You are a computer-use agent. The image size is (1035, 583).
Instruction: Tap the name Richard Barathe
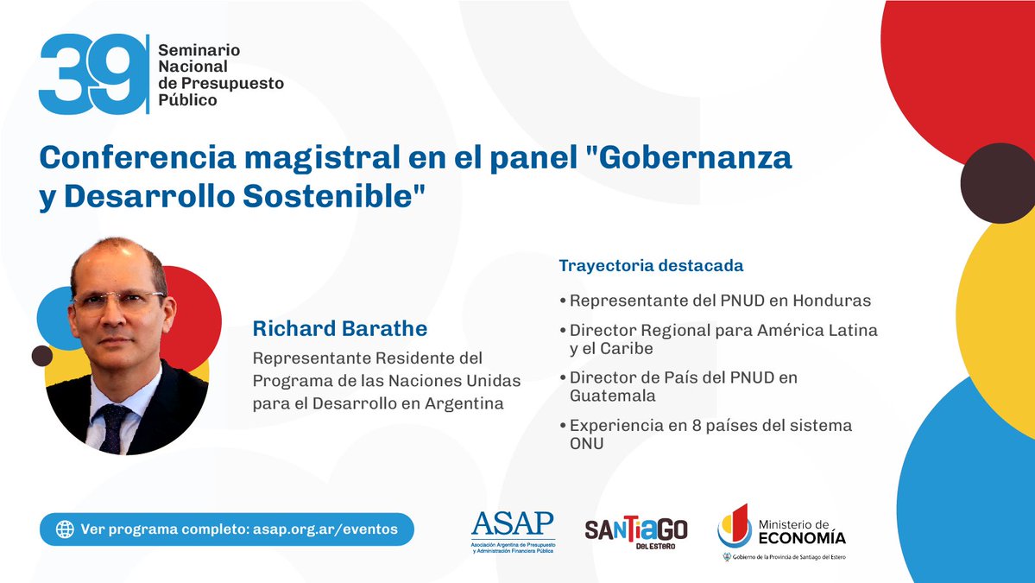[x=339, y=329]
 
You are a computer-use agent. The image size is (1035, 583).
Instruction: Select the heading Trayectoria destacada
[x=651, y=265]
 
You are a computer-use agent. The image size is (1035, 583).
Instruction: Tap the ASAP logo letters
[x=513, y=523]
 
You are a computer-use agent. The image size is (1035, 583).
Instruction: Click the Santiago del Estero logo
[x=636, y=531]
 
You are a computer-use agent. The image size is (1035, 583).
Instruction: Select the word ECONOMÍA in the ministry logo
[x=802, y=538]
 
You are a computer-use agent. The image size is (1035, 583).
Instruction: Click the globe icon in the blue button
[x=64, y=529]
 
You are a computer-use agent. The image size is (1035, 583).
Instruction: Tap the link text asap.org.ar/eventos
[x=327, y=529]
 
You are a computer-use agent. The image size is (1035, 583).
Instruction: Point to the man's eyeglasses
[x=118, y=301]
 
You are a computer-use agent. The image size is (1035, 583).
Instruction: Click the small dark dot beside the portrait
[x=41, y=355]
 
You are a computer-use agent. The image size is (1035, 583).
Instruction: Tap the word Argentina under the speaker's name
[x=462, y=403]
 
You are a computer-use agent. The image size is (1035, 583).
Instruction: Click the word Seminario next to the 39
[x=199, y=51]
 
